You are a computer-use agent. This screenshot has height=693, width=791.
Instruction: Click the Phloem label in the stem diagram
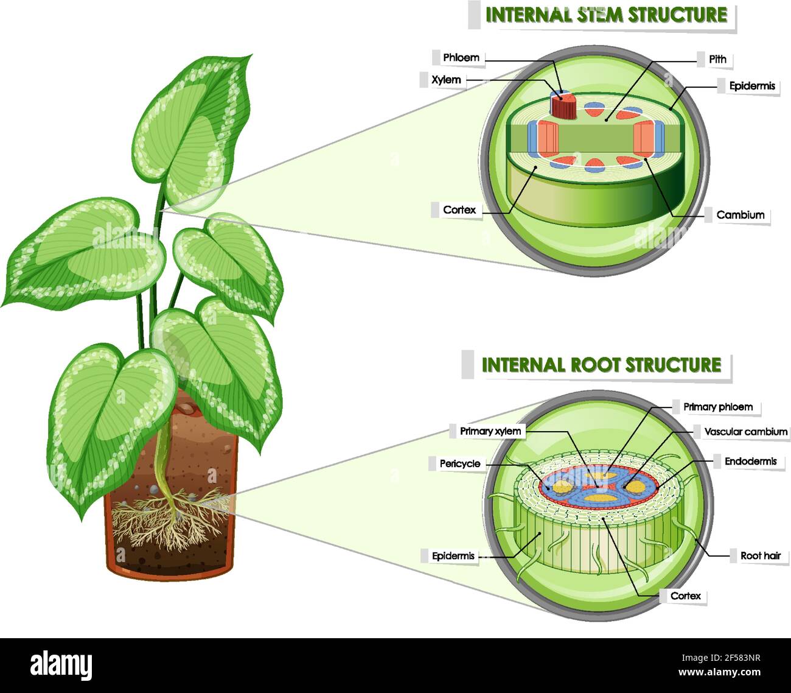[461, 58]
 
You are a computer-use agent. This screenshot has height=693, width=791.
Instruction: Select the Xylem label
[446, 80]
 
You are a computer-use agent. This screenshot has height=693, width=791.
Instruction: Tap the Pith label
[717, 59]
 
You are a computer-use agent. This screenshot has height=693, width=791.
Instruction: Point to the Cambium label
[740, 215]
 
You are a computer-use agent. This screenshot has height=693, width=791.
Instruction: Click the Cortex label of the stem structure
[459, 210]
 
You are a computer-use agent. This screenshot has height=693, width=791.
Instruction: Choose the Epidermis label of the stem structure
[752, 86]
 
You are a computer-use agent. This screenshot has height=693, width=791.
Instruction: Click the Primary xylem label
[490, 431]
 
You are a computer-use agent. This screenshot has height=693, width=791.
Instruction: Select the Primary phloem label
[718, 407]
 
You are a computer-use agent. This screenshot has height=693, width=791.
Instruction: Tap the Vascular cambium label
[745, 432]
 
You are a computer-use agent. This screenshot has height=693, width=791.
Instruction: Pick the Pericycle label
[460, 464]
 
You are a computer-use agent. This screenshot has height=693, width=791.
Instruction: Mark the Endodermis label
[750, 462]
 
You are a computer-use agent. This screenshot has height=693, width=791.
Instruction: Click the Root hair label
[760, 555]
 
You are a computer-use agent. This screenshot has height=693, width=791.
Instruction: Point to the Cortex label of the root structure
[685, 596]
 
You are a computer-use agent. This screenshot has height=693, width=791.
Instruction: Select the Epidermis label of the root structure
[453, 556]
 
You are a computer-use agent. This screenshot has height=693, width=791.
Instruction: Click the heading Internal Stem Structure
[606, 15]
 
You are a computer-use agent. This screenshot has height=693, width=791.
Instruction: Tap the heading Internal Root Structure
[601, 365]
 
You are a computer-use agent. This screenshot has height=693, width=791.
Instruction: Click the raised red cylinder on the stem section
[563, 107]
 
